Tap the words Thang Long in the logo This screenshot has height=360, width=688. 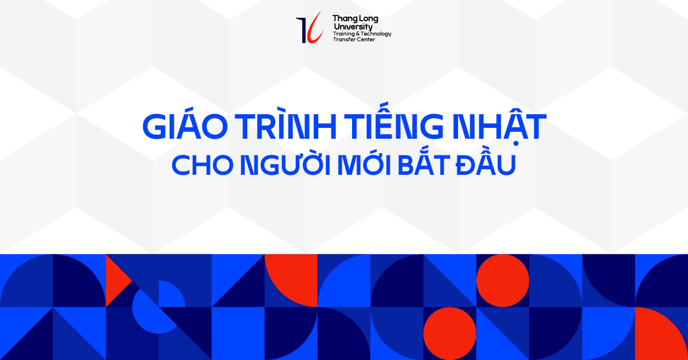pyautogui.click(x=355, y=19)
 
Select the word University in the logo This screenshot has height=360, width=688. pyautogui.click(x=352, y=27)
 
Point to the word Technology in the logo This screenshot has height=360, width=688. pyautogui.click(x=376, y=34)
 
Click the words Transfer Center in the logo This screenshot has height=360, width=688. pyautogui.click(x=354, y=40)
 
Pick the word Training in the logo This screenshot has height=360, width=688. pyautogui.click(x=343, y=34)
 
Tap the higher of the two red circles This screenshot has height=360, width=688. pyautogui.click(x=502, y=280)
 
